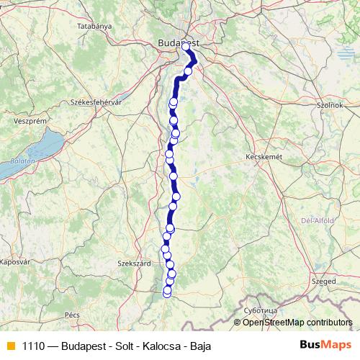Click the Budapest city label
[177, 43]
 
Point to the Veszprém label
[27, 122]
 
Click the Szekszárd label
[135, 264]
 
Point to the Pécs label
[72, 315]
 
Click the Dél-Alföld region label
[315, 221]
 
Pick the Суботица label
[261, 310]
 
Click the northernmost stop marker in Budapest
[186, 47]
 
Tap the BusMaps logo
[323, 346]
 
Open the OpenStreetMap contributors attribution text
[297, 323]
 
